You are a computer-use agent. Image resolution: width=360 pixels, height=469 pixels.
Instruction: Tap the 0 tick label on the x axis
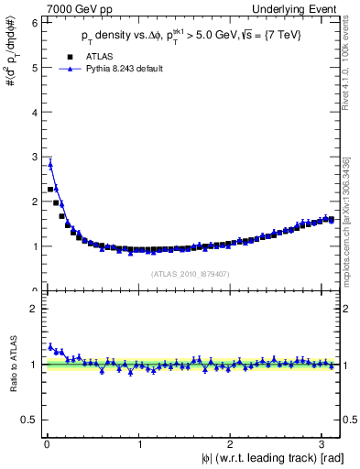tap(47, 444)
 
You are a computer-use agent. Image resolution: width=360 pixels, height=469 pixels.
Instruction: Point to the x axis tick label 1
tap(138, 444)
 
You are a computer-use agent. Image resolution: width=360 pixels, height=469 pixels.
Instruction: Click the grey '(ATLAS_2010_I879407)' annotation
tap(189, 272)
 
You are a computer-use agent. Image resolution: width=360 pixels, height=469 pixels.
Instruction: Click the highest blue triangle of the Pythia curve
tap(50, 164)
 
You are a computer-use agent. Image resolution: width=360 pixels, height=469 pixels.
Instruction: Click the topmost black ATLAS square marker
tap(50, 189)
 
